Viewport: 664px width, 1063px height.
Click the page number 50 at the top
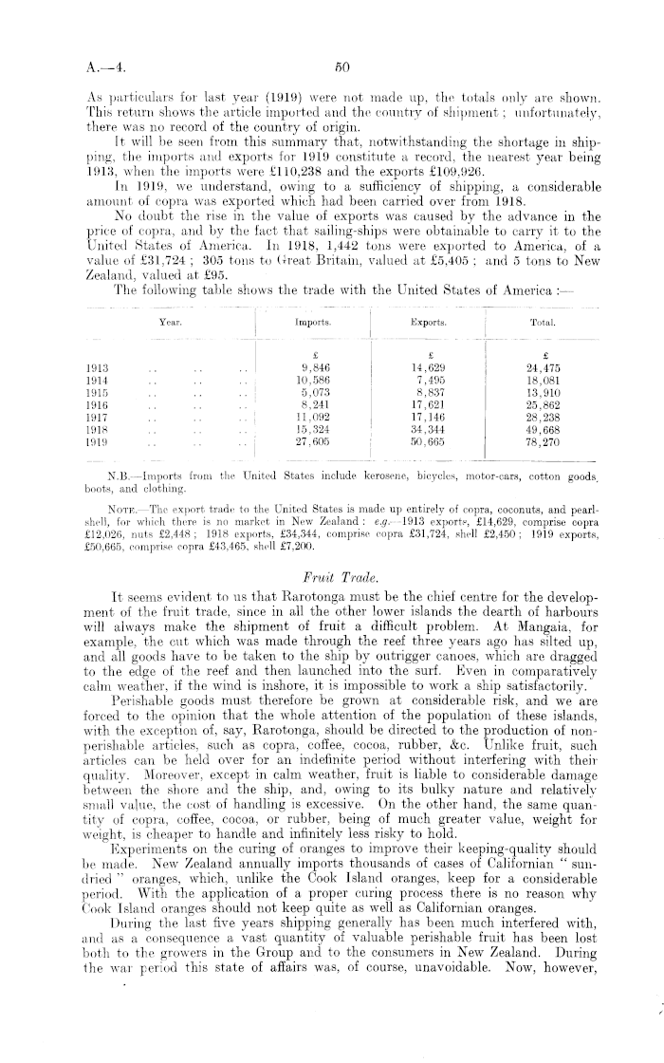pos(336,67)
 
